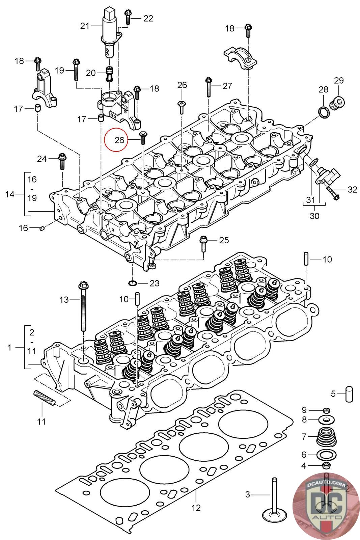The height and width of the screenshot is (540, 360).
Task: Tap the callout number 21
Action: (85, 26)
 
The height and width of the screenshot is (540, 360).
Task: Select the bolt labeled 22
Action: (128, 17)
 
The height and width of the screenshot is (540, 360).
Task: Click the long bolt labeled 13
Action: (82, 307)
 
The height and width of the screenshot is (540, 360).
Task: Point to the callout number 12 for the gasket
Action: (196, 507)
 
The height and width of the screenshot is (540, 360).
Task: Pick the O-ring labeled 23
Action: (133, 282)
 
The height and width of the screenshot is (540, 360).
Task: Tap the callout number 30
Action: (314, 216)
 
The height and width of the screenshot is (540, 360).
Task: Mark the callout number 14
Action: (10, 194)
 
